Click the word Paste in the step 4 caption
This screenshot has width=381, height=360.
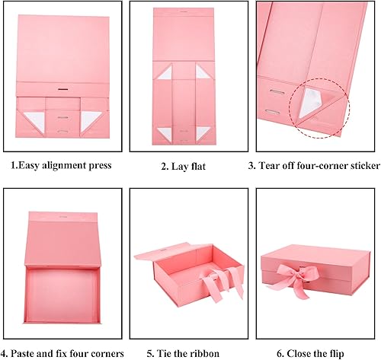click(x=30, y=352)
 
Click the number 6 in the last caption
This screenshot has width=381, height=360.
click(x=281, y=352)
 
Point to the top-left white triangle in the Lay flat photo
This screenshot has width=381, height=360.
click(x=164, y=72)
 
